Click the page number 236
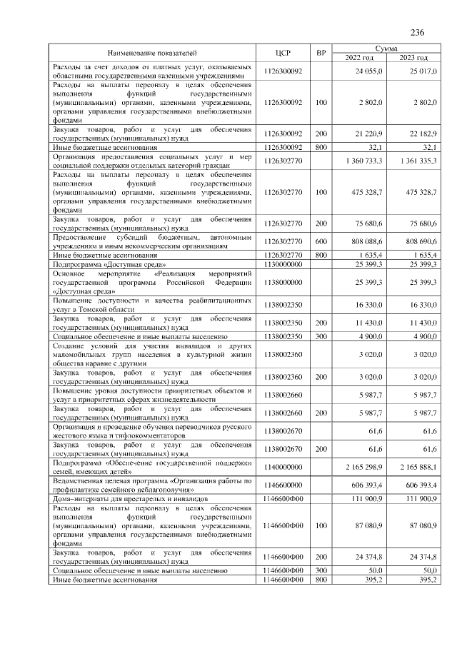click(x=418, y=32)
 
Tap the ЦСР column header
click(x=283, y=53)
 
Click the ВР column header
click(x=321, y=53)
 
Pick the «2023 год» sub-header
click(x=413, y=58)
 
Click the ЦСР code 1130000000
click(x=283, y=264)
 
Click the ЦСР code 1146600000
click(x=283, y=485)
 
